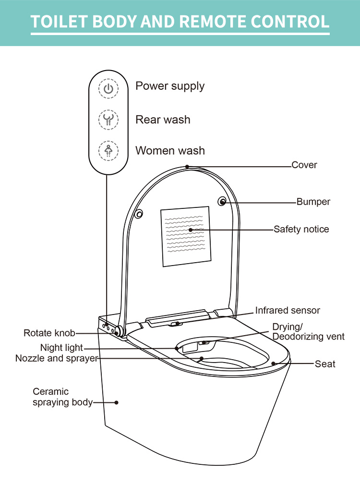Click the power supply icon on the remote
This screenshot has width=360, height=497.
[108, 89]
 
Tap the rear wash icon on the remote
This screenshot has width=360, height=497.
[108, 120]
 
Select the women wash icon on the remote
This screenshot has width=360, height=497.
[108, 150]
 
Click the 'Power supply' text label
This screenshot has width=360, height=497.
[170, 86]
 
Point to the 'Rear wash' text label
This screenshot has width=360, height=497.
[163, 120]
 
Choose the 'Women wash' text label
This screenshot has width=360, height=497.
[170, 150]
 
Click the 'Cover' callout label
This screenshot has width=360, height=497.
[304, 165]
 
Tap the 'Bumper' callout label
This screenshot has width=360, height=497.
[313, 202]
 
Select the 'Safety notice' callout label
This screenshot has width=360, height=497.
[301, 229]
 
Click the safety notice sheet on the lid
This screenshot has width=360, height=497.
[185, 236]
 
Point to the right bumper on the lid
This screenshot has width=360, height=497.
[223, 202]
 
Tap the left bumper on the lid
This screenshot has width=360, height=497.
[139, 214]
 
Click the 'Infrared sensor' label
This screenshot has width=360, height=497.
[288, 310]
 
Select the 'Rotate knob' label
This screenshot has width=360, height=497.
[49, 333]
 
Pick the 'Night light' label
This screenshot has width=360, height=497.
[61, 348]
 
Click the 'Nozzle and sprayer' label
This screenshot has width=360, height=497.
[57, 358]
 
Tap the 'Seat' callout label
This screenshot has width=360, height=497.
[325, 364]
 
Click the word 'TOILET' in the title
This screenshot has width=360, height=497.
[58, 22]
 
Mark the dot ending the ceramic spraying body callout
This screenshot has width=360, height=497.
[116, 402]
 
